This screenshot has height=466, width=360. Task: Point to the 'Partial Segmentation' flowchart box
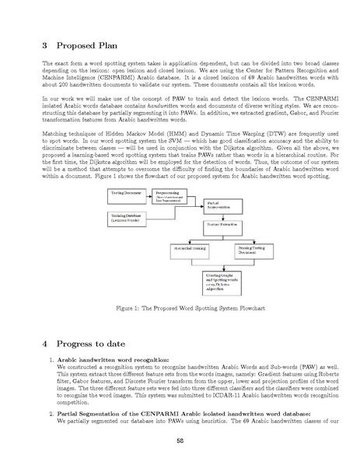click(221, 206)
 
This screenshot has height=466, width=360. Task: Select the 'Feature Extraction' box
click(221, 224)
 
